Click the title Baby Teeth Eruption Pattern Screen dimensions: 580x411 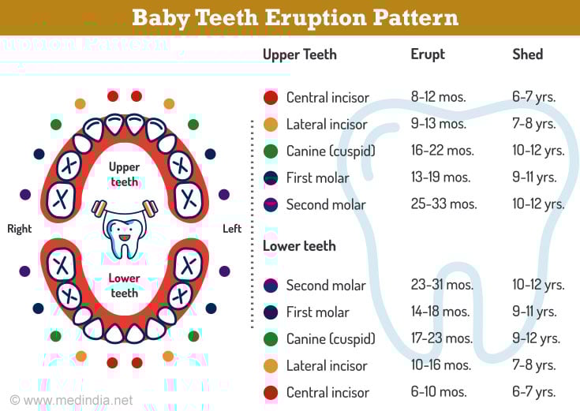[295, 17]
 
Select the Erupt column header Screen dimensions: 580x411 [428, 54]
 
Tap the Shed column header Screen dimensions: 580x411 [527, 54]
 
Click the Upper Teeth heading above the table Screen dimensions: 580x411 [300, 54]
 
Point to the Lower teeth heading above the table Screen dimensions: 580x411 [299, 246]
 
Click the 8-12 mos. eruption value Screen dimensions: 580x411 [438, 97]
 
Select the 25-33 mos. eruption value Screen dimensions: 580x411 [443, 204]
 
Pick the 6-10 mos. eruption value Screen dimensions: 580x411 [439, 391]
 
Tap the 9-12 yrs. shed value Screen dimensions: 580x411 [536, 338]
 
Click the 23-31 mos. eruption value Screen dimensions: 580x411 [442, 285]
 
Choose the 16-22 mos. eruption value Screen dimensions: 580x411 [443, 150]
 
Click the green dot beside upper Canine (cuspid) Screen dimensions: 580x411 [271, 151]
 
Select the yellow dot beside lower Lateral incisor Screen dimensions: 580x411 [271, 366]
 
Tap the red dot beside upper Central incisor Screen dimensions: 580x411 [271, 98]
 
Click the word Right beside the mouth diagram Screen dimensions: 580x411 [20, 229]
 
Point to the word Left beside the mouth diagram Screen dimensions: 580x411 [232, 229]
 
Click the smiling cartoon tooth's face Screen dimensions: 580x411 [125, 234]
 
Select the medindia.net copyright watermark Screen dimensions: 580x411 [71, 400]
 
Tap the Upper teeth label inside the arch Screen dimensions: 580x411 [125, 174]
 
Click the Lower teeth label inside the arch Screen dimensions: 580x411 [125, 286]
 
